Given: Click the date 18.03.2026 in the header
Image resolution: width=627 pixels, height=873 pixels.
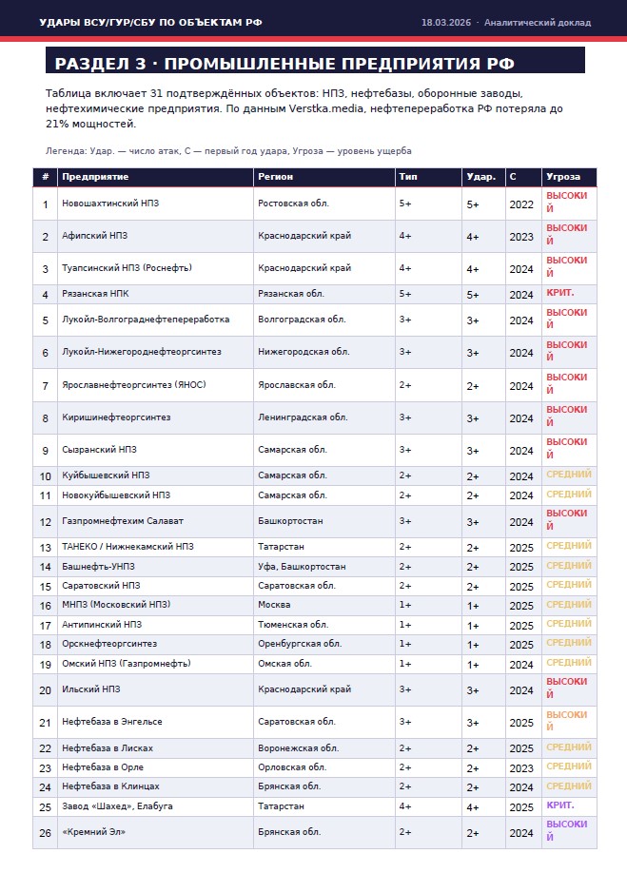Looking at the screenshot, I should (446, 22).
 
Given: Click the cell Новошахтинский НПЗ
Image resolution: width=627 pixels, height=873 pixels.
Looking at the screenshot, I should (108, 204).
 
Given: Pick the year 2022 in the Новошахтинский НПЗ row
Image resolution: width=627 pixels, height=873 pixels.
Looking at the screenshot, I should (521, 204).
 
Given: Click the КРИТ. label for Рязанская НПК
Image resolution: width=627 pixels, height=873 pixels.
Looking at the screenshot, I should (560, 294).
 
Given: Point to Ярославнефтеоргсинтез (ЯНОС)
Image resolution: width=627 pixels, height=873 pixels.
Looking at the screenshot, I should (134, 385).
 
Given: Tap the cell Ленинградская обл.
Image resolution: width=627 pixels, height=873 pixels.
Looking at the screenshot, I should (303, 417).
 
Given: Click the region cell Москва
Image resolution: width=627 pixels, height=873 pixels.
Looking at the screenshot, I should (274, 605).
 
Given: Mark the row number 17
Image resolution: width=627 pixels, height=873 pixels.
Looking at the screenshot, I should (46, 625).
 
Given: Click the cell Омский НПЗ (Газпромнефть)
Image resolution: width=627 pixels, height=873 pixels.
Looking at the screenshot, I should (127, 664).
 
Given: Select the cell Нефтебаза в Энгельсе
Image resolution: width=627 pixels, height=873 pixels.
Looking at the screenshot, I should (111, 722).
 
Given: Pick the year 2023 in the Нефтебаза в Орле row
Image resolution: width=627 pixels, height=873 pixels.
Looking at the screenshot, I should (521, 767).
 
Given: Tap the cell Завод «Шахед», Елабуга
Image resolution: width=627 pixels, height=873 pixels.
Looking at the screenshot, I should (117, 806).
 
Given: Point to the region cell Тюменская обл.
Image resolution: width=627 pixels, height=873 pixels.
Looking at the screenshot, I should (292, 625).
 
